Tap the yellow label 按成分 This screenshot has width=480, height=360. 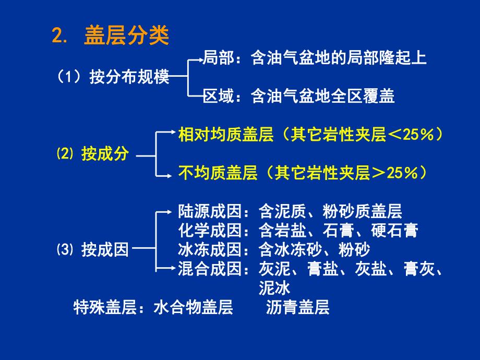coord(105,154)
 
